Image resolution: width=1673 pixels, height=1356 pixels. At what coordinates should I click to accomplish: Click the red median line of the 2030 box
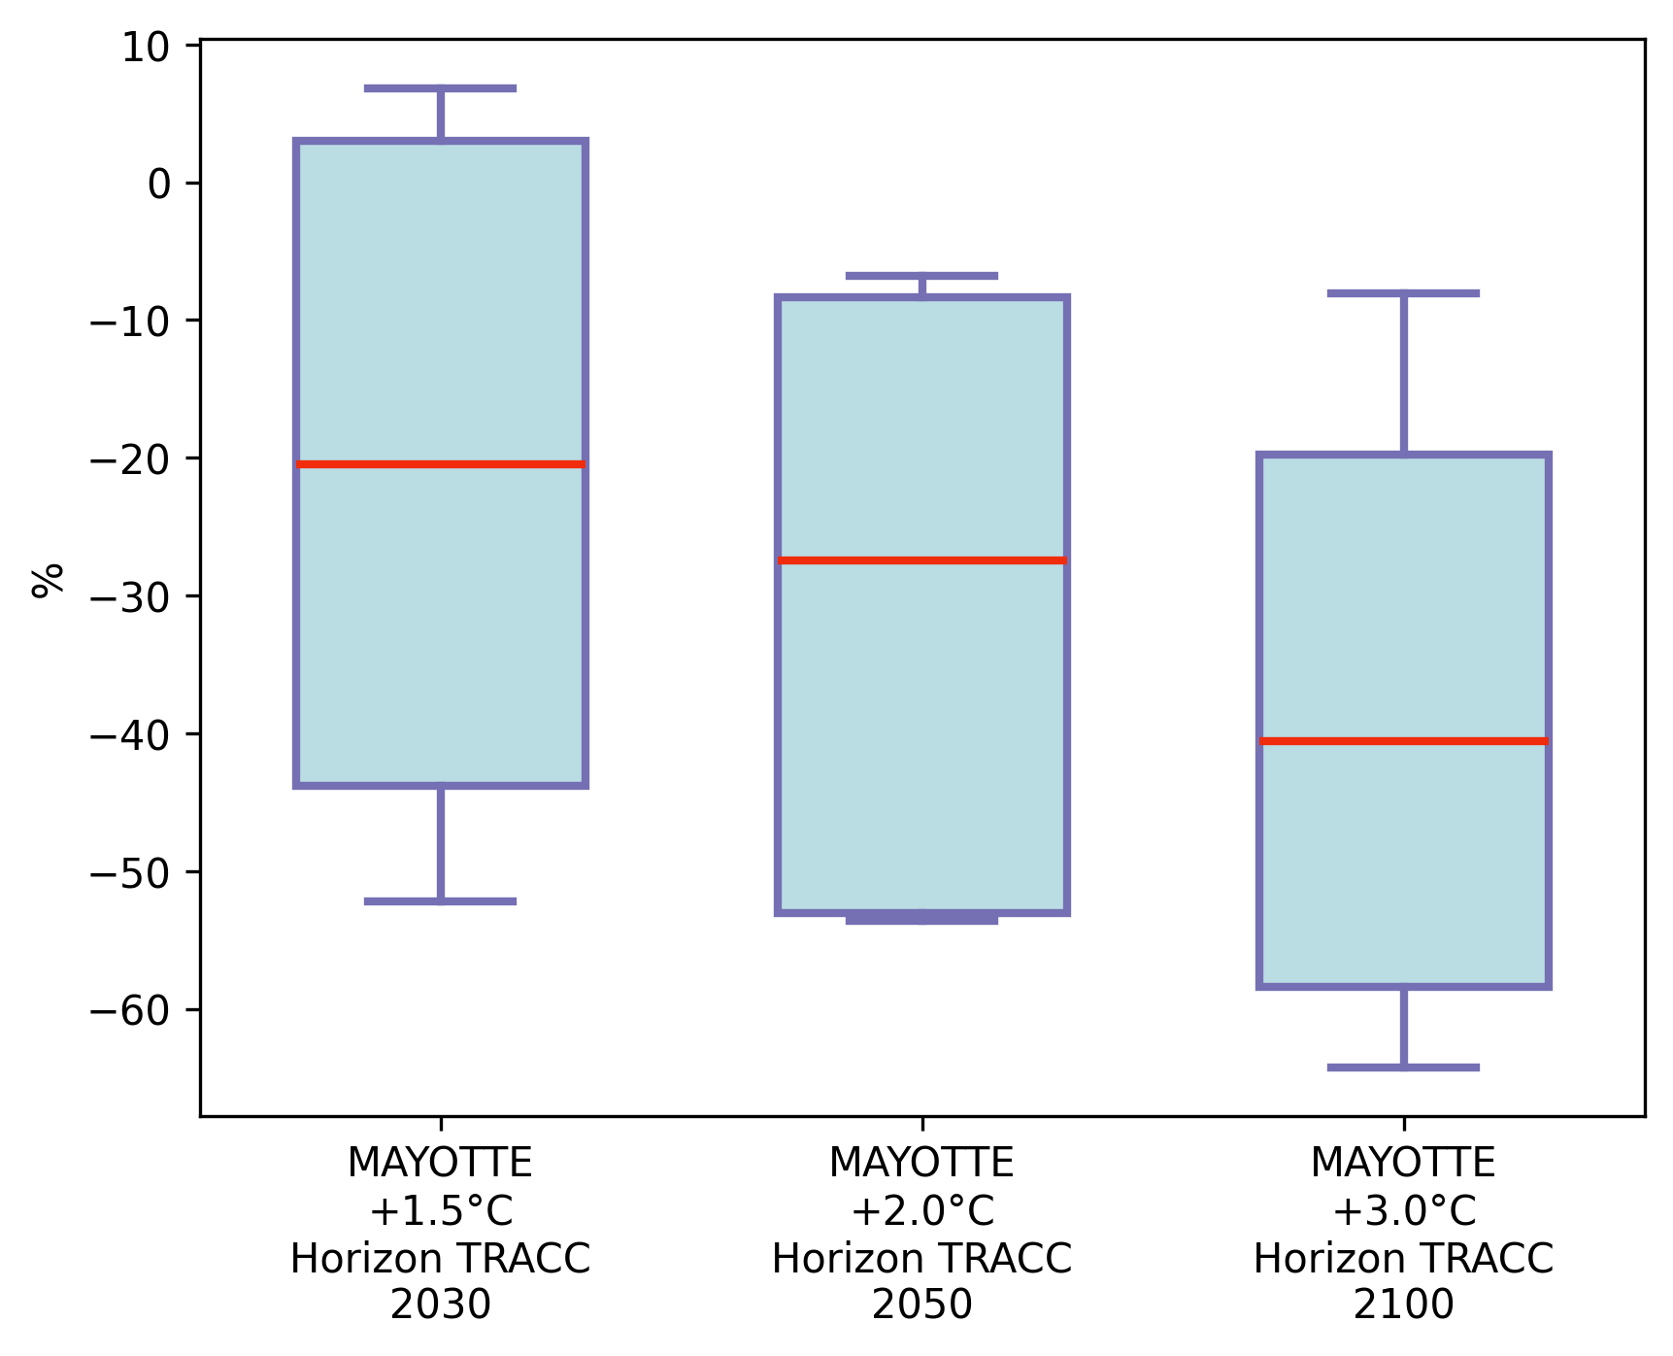[440, 464]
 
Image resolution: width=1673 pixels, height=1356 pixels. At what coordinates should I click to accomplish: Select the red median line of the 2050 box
[921, 560]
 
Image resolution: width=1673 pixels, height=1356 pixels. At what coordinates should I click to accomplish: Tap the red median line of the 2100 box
[1403, 741]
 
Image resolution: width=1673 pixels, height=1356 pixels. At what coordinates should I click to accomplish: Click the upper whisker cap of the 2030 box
[440, 88]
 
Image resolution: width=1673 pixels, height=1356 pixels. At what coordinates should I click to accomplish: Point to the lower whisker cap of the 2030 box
[440, 901]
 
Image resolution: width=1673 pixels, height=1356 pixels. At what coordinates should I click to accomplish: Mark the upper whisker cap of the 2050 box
[921, 276]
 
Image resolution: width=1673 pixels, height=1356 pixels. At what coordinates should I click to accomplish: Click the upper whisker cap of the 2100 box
[1403, 292]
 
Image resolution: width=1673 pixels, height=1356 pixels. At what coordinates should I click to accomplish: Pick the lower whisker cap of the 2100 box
[1403, 1068]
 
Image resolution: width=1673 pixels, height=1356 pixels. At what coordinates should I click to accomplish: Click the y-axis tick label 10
[145, 47]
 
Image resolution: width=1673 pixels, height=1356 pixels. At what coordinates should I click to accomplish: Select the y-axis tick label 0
[159, 184]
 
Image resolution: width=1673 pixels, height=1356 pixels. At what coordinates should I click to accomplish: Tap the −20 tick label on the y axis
[130, 458]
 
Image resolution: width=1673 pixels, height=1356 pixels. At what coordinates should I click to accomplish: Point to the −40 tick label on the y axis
[130, 734]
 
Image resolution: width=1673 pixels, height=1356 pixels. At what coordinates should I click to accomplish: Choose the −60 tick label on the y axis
[130, 1010]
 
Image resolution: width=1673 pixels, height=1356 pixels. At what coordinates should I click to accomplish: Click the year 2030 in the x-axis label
[440, 1305]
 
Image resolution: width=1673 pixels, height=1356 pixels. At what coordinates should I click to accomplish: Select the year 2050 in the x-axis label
[921, 1305]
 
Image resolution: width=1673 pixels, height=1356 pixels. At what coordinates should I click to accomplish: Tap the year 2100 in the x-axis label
[1403, 1305]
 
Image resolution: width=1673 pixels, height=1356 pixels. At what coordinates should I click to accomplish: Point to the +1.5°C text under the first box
[440, 1211]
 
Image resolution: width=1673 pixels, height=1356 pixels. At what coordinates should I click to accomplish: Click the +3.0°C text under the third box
[1403, 1211]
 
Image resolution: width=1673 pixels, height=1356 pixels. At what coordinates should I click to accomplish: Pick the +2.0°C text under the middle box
[921, 1211]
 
